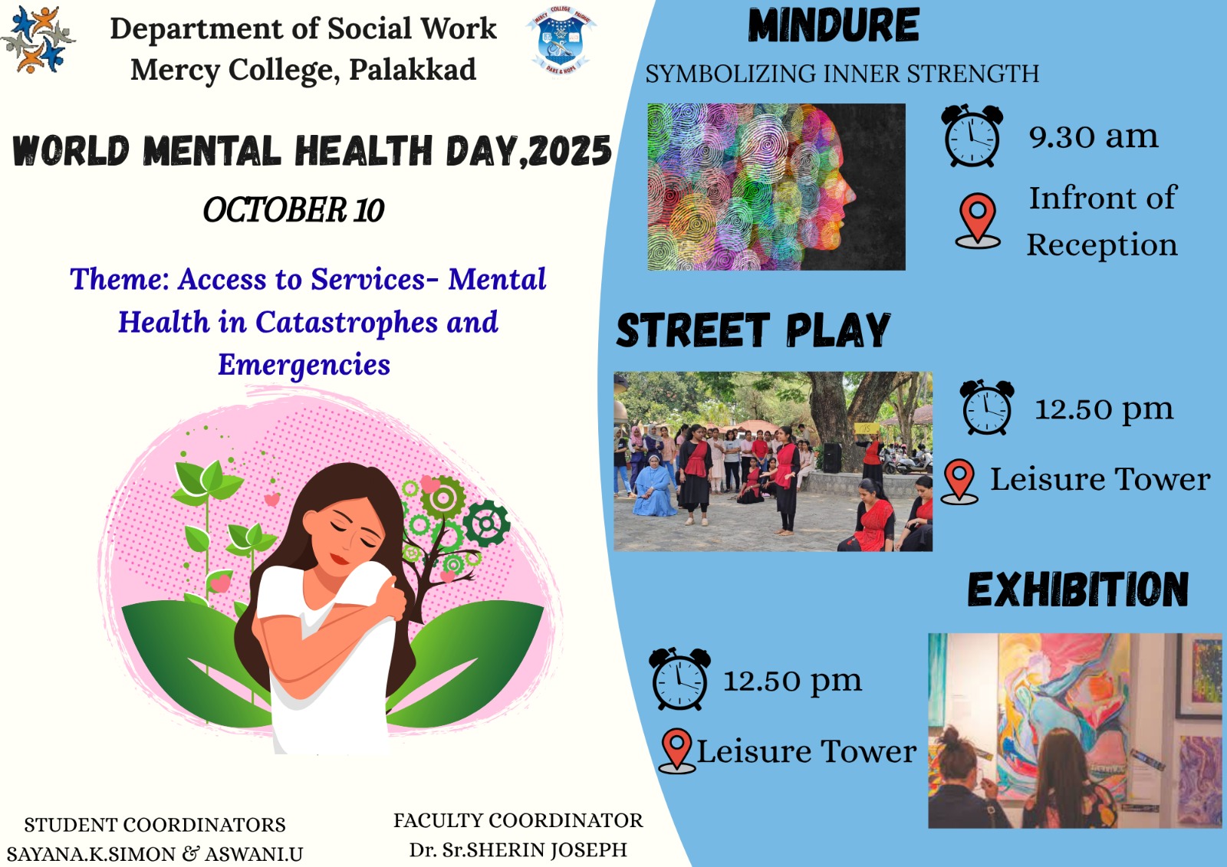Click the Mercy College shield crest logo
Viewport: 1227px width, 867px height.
click(x=561, y=41)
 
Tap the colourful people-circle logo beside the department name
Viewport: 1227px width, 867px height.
click(x=38, y=39)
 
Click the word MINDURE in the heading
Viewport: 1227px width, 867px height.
click(x=833, y=25)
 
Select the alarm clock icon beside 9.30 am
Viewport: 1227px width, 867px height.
click(x=972, y=135)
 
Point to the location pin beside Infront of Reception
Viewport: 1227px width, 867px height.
click(x=978, y=221)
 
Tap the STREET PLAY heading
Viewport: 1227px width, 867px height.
click(x=753, y=330)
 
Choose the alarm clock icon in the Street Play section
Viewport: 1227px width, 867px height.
click(x=987, y=407)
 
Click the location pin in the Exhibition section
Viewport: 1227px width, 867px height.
click(x=677, y=750)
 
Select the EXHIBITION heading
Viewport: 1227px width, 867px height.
click(x=1078, y=589)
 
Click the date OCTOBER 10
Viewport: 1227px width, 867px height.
click(x=294, y=210)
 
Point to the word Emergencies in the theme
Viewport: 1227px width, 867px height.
click(x=304, y=365)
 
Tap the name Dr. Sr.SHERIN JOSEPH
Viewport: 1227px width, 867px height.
click(x=518, y=849)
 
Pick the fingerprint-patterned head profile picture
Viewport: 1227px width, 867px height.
click(x=776, y=187)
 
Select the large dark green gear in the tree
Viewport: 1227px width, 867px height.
click(x=486, y=524)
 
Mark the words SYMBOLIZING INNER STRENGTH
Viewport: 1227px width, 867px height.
click(x=842, y=74)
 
